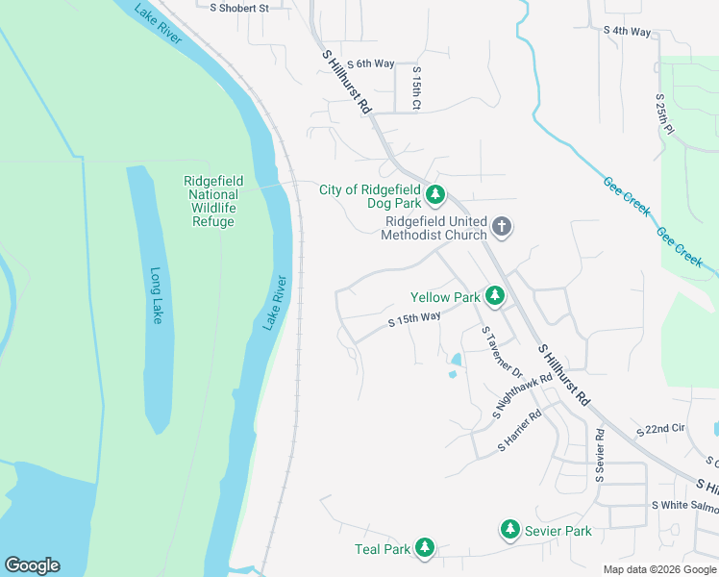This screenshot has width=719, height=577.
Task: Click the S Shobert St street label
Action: tap(239, 7)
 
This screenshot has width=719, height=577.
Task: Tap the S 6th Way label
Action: tap(371, 63)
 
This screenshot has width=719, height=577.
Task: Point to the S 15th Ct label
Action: tap(417, 88)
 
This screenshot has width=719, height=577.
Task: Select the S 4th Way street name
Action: tap(628, 31)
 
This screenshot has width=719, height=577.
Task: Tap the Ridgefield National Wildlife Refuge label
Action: tap(213, 201)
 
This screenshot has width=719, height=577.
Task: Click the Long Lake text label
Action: tap(156, 295)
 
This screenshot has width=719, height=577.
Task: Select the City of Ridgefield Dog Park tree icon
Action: tap(435, 196)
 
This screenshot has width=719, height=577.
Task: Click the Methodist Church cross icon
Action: tap(501, 228)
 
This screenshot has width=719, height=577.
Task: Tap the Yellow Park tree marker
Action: tap(495, 296)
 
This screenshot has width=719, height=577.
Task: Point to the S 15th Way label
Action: tap(414, 319)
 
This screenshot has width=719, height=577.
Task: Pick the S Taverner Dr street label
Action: tap(501, 352)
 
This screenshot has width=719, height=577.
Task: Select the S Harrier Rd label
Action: tap(520, 433)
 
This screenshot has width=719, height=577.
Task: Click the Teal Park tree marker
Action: tap(424, 549)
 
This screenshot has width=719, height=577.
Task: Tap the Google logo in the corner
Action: tap(32, 565)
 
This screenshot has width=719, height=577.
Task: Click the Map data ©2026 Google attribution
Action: tap(658, 569)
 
